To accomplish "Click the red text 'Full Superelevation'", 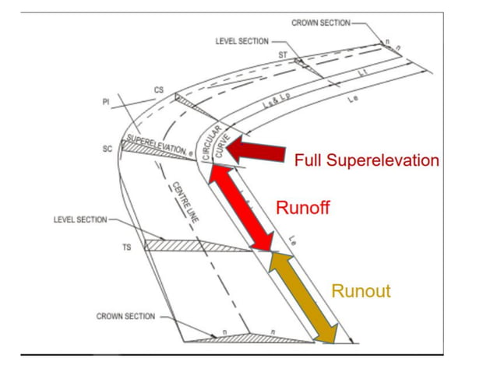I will tap(366, 161).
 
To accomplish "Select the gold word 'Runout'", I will tap(361, 292).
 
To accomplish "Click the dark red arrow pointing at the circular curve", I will tap(256, 151).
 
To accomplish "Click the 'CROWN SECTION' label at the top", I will tap(321, 23).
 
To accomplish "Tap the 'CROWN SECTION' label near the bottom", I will tap(125, 317).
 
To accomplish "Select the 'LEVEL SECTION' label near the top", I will tap(241, 40).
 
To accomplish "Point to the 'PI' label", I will tap(105, 102).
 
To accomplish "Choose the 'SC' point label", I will tap(107, 148).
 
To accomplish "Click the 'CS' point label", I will tap(158, 90).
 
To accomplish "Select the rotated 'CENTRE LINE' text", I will tap(186, 202).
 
